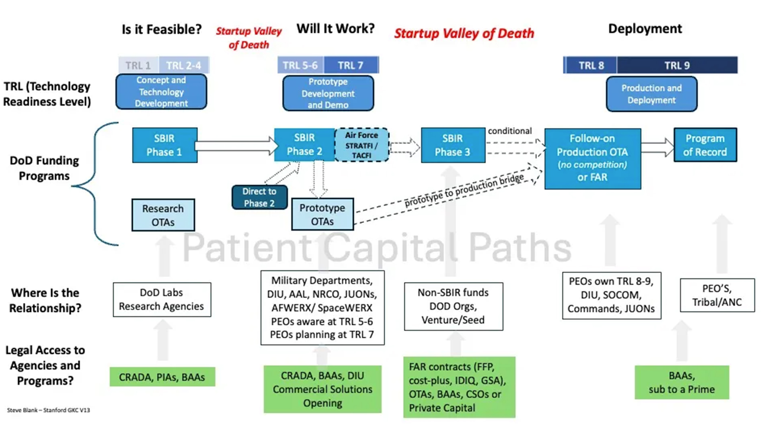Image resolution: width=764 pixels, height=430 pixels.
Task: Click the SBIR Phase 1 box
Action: click(164, 145)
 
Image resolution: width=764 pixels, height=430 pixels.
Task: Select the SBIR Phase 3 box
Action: click(453, 145)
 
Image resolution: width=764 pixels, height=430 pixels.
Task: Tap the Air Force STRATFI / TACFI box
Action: click(361, 145)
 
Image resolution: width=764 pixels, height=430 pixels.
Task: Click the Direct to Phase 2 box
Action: click(259, 197)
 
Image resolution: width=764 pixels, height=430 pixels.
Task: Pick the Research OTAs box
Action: click(163, 215)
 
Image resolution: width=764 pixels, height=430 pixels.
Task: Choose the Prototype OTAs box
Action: click(322, 214)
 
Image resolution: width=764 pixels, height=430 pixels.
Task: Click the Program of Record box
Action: click(705, 145)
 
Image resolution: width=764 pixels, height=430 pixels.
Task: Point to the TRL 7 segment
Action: click(350, 65)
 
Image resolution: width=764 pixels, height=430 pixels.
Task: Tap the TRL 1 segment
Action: click(138, 65)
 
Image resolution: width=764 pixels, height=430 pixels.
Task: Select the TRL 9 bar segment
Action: click(677, 65)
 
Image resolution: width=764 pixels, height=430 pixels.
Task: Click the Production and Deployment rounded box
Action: click(651, 94)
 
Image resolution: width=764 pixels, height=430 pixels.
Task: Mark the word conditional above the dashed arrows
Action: click(509, 131)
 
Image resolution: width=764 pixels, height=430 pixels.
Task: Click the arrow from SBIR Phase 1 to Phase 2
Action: click(235, 146)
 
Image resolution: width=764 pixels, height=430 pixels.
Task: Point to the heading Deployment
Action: click(645, 29)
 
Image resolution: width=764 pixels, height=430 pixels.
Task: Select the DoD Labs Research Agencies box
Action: click(162, 300)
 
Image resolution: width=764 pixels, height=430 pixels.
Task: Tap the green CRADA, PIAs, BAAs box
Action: click(162, 377)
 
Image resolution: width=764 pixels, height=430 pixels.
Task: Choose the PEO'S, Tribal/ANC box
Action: click(717, 295)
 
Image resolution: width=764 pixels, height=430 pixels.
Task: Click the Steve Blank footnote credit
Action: click(48, 410)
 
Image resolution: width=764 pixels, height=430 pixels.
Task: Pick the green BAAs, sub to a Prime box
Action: click(682, 383)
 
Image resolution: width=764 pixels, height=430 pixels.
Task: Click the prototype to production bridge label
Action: click(464, 190)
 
